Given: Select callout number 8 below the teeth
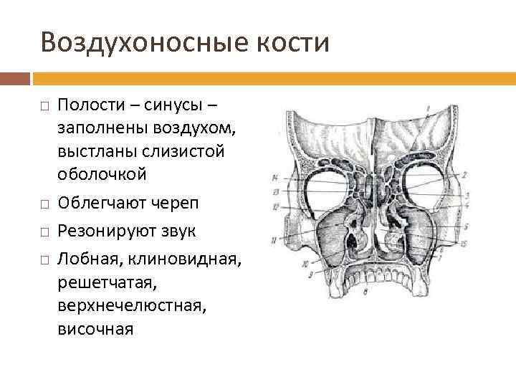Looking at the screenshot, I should click(x=366, y=292).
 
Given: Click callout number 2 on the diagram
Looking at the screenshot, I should click(x=464, y=174).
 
